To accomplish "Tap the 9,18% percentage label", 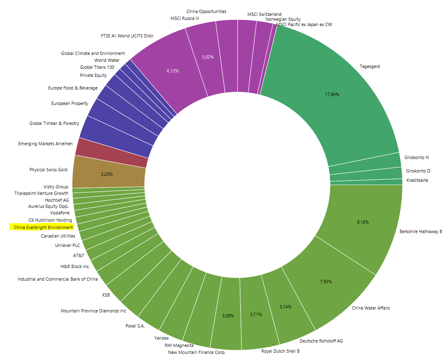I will (363, 222).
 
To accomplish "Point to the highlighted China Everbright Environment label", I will (43, 227).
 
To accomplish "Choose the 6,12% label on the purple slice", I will (173, 71).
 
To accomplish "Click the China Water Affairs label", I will (371, 308).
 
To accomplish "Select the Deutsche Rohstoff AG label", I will (321, 341).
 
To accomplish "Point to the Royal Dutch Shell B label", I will (280, 351).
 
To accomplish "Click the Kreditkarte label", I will (417, 180).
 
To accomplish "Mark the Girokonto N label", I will (417, 157).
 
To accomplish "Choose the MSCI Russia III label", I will (185, 19).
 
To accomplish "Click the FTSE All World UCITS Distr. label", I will (128, 36).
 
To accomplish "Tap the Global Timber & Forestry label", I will (54, 123).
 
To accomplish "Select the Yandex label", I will (161, 338).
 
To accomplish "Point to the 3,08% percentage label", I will (228, 316).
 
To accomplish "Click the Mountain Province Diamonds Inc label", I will (93, 311).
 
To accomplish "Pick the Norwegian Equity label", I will (283, 19).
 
